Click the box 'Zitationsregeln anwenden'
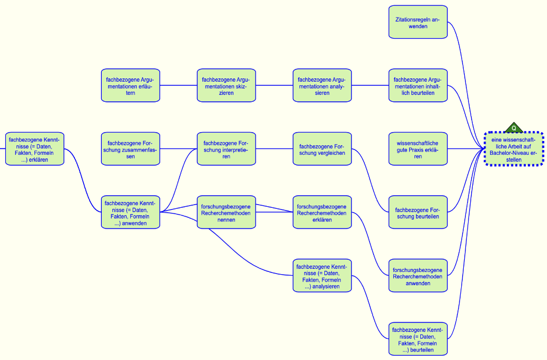click(418, 22)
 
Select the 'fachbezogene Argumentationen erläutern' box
click(130, 85)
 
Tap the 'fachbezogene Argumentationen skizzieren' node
click(226, 85)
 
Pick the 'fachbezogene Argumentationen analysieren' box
click(322, 85)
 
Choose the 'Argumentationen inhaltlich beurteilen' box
click(418, 85)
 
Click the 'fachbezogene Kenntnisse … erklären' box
click(34, 149)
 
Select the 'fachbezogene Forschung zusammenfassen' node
click(130, 149)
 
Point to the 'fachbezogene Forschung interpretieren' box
click(226, 149)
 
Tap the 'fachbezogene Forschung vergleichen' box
click(322, 149)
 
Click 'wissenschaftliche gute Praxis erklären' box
click(418, 149)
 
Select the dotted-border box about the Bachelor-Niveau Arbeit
click(514, 150)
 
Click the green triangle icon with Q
click(514, 128)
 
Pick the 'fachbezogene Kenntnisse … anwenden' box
click(130, 212)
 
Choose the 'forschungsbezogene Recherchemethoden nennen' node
click(226, 212)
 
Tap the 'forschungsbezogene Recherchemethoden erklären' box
click(322, 212)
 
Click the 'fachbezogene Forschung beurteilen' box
click(418, 212)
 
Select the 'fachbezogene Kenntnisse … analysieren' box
click(322, 276)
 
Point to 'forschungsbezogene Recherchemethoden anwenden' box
click(418, 276)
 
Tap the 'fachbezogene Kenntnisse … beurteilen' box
click(418, 339)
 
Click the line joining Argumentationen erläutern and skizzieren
click(178, 85)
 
